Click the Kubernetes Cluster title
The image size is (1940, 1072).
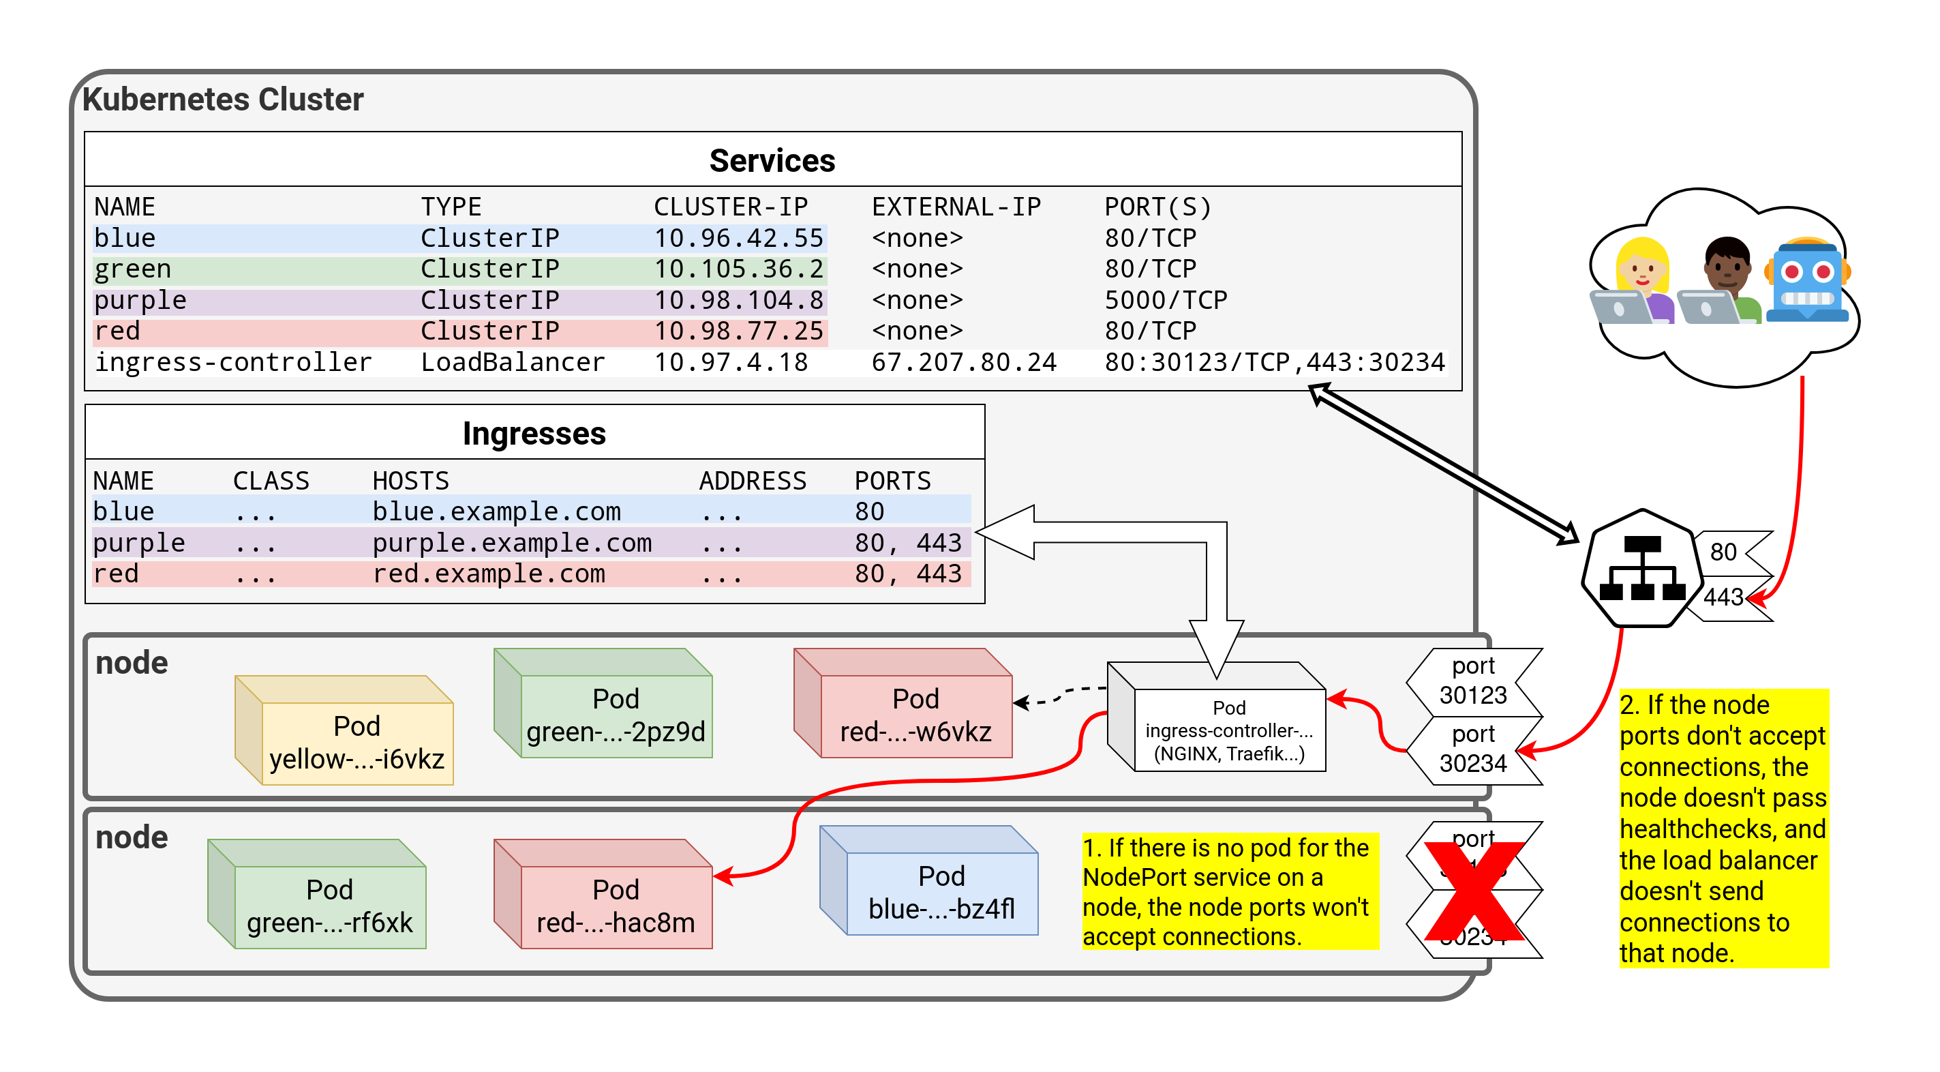tap(223, 100)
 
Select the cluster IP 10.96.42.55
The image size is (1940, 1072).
tap(738, 238)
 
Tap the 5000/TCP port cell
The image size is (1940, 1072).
tap(1165, 300)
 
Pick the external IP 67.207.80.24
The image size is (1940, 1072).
tap(963, 362)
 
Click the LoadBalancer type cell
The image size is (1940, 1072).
tap(512, 362)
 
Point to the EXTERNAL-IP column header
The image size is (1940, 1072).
tap(956, 207)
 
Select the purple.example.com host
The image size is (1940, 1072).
tap(511, 542)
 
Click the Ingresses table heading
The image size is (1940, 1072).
tap(534, 433)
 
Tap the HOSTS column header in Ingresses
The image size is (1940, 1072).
tap(410, 481)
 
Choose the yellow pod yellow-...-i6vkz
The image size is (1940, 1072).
tap(357, 742)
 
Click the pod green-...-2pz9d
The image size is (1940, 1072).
tap(616, 715)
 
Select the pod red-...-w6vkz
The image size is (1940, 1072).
tap(915, 715)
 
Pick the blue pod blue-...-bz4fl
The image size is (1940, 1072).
tap(941, 892)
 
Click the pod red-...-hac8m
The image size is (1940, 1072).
tap(616, 906)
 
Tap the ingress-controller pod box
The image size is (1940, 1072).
tap(1228, 729)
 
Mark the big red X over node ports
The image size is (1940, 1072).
tap(1473, 892)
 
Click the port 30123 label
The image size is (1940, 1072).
tap(1472, 681)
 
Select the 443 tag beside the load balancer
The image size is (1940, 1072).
tap(1723, 597)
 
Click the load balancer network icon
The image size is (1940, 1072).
tap(1641, 569)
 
